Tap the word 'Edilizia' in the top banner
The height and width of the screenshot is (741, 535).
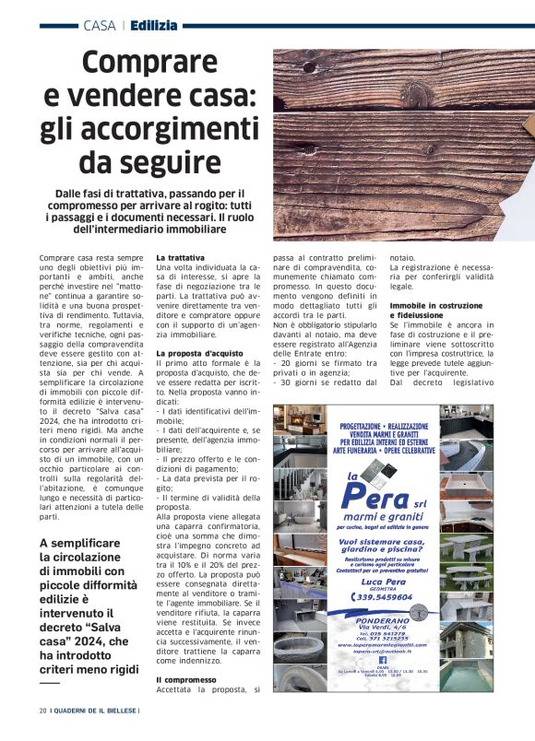pyautogui.click(x=154, y=25)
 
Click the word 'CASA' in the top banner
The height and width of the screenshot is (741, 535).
pyautogui.click(x=99, y=25)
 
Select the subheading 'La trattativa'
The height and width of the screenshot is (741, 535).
pyautogui.click(x=181, y=257)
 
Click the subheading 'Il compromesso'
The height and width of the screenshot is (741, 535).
pyautogui.click(x=184, y=679)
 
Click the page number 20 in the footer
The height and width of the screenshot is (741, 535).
pyautogui.click(x=42, y=711)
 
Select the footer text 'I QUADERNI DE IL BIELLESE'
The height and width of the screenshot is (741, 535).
pyautogui.click(x=95, y=711)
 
